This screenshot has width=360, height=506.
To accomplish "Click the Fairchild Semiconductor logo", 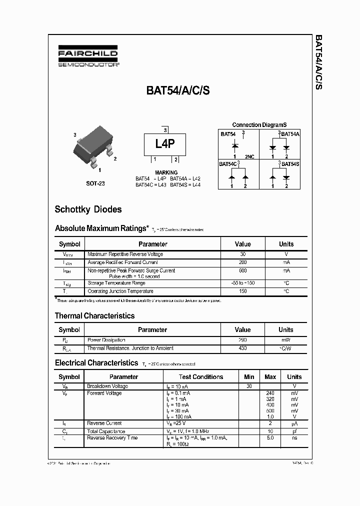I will [x=87, y=57].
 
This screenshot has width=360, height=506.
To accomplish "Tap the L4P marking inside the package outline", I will [x=164, y=144].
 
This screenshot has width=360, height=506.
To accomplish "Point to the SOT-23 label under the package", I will [x=95, y=183].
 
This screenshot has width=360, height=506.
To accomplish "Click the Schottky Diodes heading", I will [x=88, y=209].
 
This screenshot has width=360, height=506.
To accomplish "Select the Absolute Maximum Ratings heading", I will [x=101, y=228].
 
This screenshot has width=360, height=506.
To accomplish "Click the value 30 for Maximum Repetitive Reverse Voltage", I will [x=243, y=254].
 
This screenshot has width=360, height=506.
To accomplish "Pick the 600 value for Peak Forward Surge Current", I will [x=243, y=270].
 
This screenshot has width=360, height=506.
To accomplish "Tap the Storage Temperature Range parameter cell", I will [x=116, y=283].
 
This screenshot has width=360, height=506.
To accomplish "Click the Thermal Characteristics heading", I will [x=94, y=315].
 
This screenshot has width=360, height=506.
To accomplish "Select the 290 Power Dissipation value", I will [x=243, y=340].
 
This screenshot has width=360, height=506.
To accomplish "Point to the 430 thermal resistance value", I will [x=243, y=348].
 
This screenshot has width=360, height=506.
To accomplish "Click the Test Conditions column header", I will [x=201, y=376].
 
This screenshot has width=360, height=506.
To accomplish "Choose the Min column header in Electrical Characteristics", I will [x=249, y=376].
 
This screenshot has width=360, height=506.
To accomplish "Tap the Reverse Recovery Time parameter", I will [x=112, y=437].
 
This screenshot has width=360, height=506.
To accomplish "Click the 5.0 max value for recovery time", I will [x=270, y=437].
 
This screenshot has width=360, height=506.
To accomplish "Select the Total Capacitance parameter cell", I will [x=106, y=431].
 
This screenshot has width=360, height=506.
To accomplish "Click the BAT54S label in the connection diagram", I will [x=290, y=163].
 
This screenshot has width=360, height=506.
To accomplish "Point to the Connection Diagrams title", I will [x=259, y=125].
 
